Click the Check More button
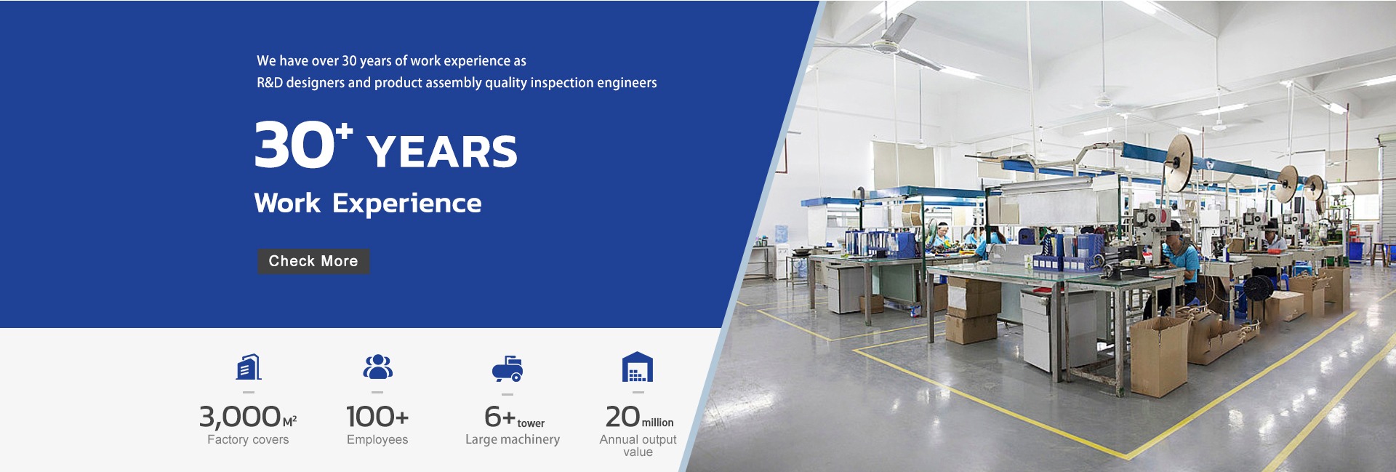coord(313,261)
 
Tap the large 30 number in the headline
coord(294,145)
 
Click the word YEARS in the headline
coord(442,151)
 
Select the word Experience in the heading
coord(406,203)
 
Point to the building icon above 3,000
coord(249,367)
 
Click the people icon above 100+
coord(377,367)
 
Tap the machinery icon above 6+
coord(508,369)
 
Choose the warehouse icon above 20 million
coord(638,367)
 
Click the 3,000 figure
coord(240,417)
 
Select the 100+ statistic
coord(377,417)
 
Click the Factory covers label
coord(248,439)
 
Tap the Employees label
coord(377,439)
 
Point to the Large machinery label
coord(513,439)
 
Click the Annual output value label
coord(638,445)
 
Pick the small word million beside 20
coord(657,423)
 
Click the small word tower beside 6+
coord(531,423)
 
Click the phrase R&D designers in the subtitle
coord(301,83)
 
